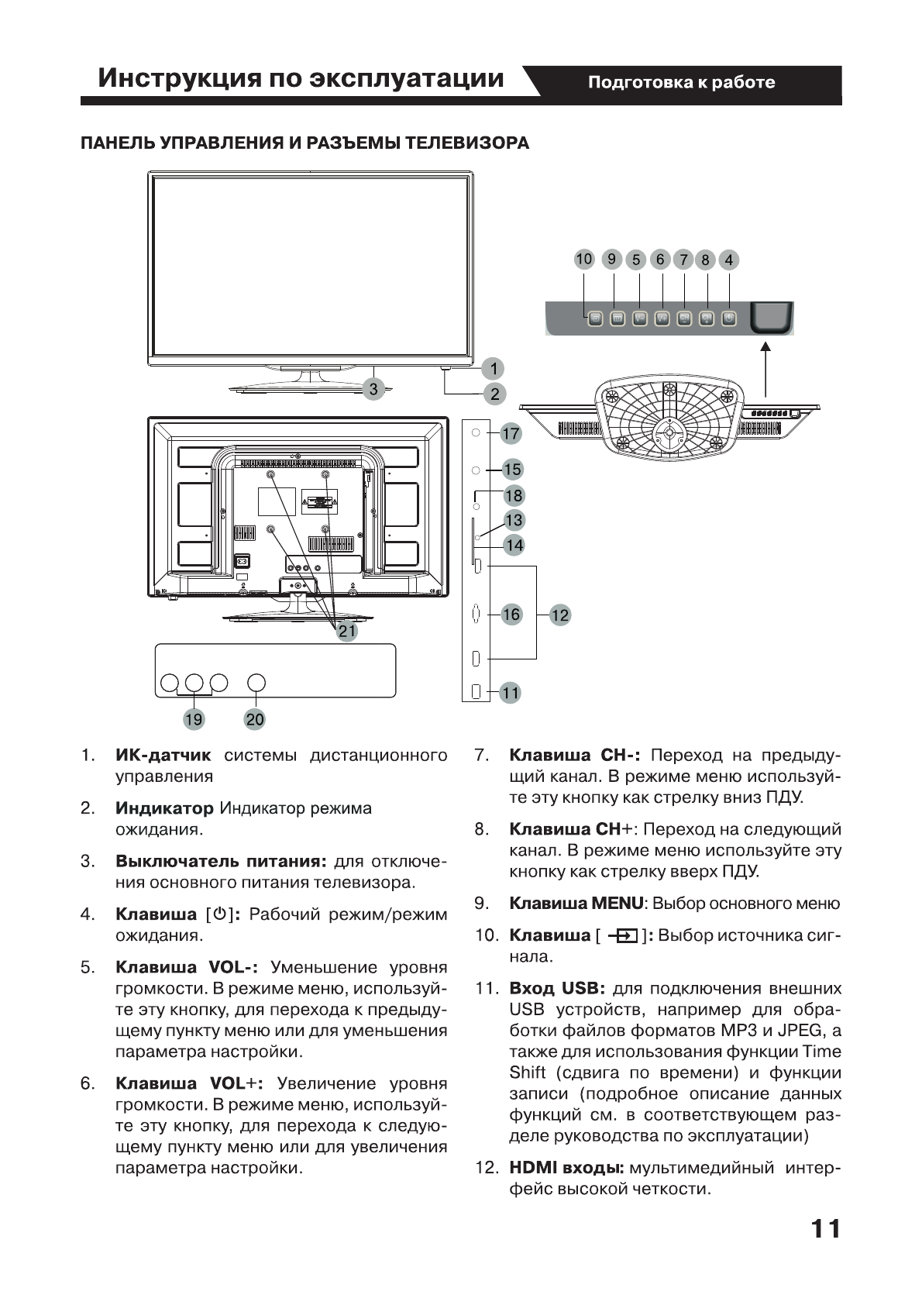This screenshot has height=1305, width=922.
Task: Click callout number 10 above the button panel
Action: coord(584,259)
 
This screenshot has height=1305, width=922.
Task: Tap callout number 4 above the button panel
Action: coord(728,260)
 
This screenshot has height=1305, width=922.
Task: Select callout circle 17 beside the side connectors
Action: coord(511,433)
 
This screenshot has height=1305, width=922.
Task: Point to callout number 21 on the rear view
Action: coord(347,631)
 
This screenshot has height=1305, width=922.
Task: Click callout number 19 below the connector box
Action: coord(193,719)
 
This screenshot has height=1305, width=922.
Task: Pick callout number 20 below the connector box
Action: coord(255,719)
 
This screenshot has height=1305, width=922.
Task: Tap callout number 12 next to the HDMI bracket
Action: coord(559,615)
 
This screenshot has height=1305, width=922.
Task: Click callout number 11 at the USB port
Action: coord(510,692)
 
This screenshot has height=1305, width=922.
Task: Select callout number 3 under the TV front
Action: coord(373,389)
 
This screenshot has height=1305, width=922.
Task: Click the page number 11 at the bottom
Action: coord(825,1229)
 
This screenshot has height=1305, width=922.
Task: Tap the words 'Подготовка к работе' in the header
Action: coord(681,82)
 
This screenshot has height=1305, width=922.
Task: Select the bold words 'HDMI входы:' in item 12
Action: coord(566,1168)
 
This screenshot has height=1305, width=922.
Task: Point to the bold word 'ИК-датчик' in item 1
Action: coord(163,755)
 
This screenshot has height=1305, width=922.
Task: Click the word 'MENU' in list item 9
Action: coord(617,904)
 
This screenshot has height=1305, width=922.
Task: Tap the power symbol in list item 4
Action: coord(219,914)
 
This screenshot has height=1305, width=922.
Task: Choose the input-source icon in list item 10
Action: coord(622,936)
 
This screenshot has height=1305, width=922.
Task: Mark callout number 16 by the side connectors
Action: coord(511,615)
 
